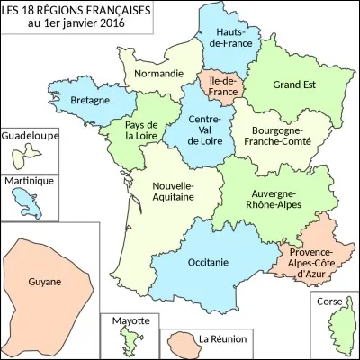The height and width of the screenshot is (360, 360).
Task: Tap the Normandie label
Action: coord(152,76)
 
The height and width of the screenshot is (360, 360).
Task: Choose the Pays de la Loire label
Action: coord(143,130)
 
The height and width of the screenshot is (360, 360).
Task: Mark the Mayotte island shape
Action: coord(128,341)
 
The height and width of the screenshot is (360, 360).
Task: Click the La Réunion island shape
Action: coord(178,345)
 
